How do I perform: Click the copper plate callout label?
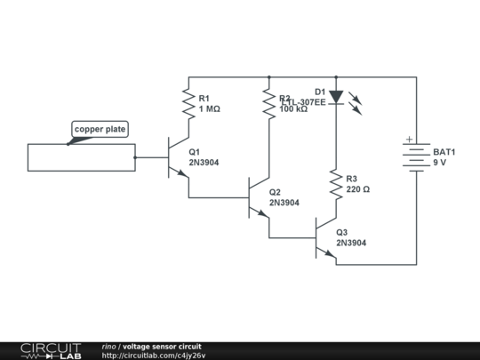coord(100,130)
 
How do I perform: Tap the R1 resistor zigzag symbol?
coord(188,103)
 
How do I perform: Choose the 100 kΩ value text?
coord(294,109)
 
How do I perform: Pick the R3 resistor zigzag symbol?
coord(335,184)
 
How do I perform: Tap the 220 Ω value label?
coord(358,189)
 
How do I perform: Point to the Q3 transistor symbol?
coord(326,238)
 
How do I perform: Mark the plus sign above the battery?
coord(409,139)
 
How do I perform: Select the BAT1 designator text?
coord(444,152)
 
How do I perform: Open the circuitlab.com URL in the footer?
coord(154,356)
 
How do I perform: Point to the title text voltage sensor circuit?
coord(162,346)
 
